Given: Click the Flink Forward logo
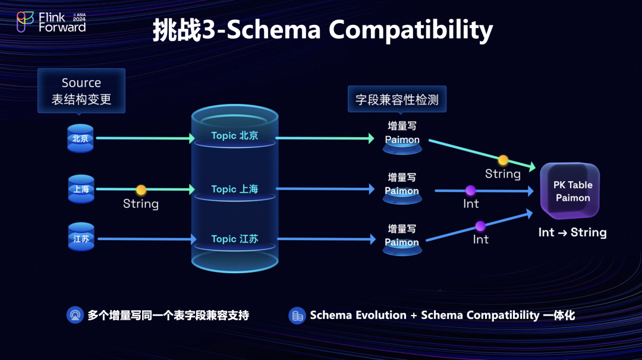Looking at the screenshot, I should pyautogui.click(x=51, y=22).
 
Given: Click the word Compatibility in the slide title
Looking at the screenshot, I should pyautogui.click(x=411, y=30).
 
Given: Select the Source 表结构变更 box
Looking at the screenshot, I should pyautogui.click(x=81, y=91).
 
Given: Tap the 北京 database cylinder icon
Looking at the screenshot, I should pyautogui.click(x=80, y=138).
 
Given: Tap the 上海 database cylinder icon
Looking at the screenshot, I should pyautogui.click(x=81, y=190).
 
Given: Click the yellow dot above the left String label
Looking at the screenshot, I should pyautogui.click(x=141, y=190).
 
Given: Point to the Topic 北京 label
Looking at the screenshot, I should pyautogui.click(x=235, y=136).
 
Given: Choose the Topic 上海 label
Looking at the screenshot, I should pyautogui.click(x=235, y=189).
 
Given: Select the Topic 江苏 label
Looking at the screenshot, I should pyautogui.click(x=235, y=239).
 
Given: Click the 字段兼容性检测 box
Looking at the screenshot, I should pyautogui.click(x=397, y=99).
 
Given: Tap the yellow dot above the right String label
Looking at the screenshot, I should pyautogui.click(x=503, y=160).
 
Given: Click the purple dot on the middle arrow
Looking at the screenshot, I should pyautogui.click(x=470, y=191).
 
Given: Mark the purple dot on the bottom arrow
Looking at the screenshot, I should pyautogui.click(x=480, y=226).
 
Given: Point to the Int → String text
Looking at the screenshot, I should pyautogui.click(x=572, y=232).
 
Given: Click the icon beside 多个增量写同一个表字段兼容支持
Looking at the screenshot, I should pyautogui.click(x=75, y=315).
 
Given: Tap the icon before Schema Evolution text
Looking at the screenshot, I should pyautogui.click(x=297, y=315).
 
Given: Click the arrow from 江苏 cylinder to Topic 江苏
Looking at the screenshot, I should pyautogui.click(x=146, y=239).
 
